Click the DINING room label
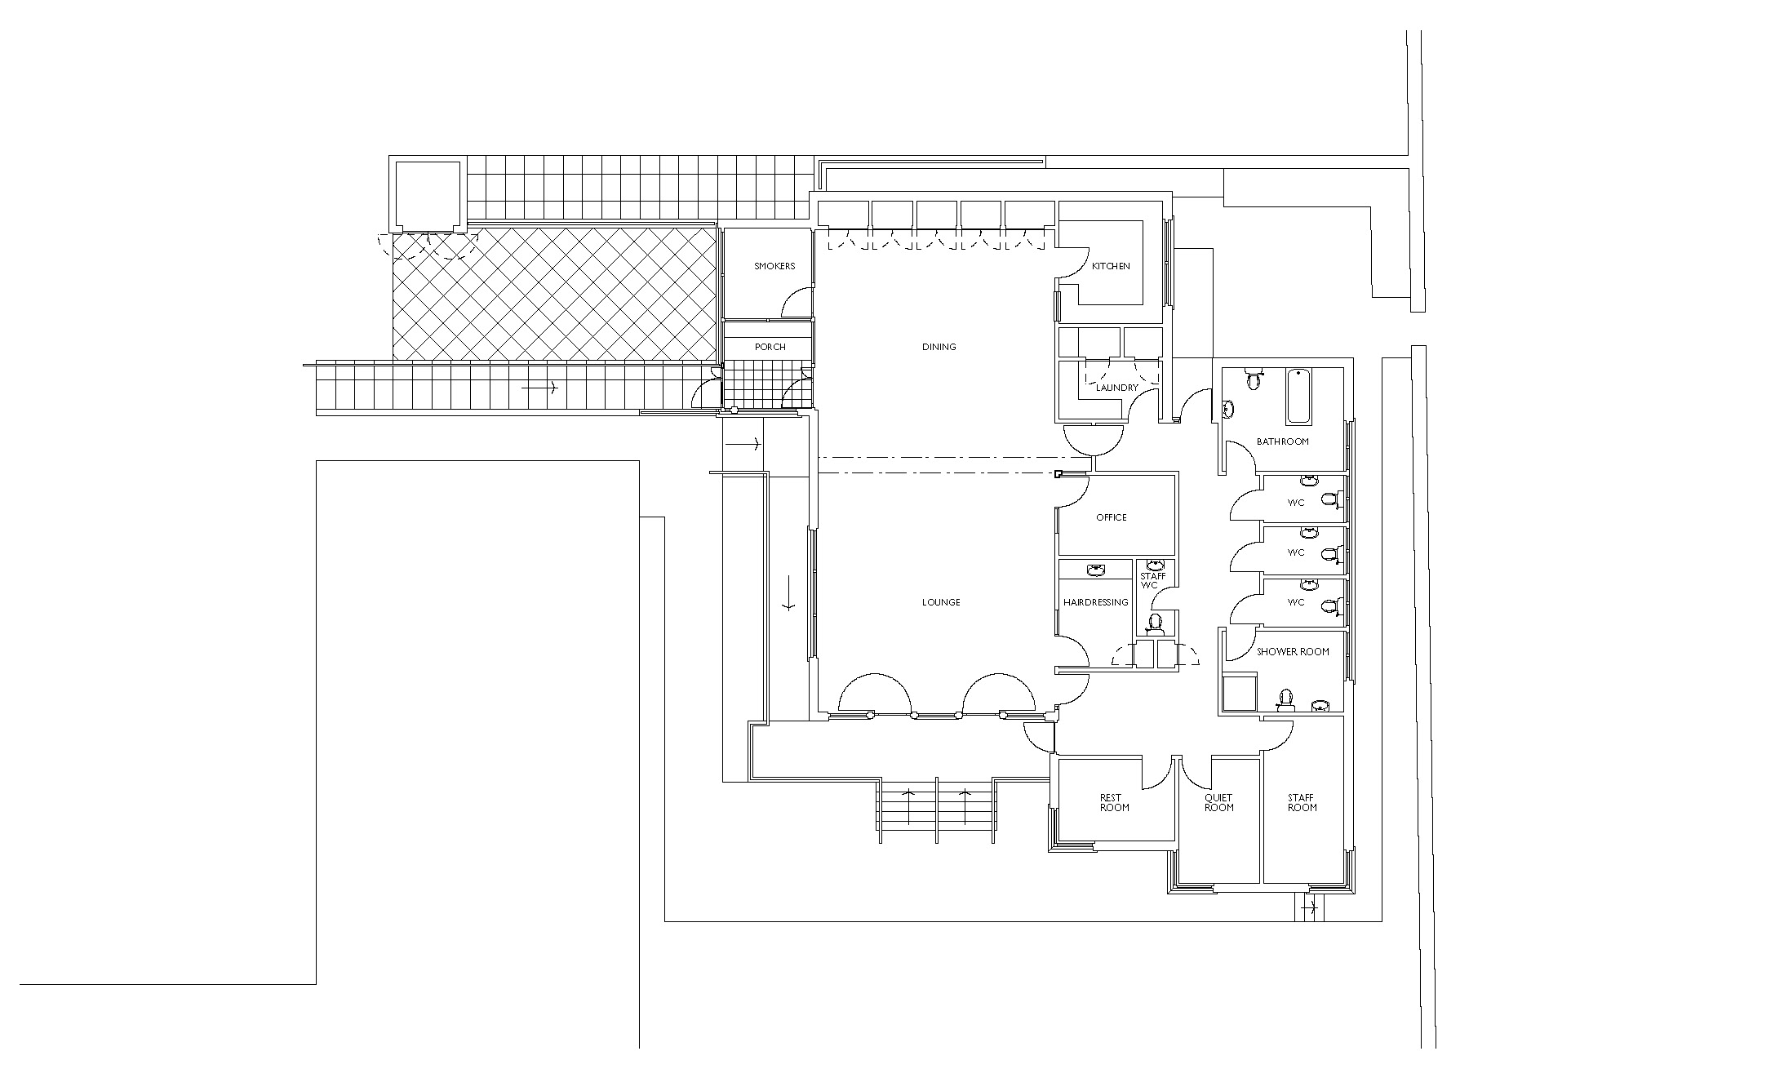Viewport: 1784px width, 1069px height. coord(939,347)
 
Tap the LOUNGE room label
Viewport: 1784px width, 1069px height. coord(941,602)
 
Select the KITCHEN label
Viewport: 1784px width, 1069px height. coord(1112,266)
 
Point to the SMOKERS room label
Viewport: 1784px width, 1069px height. coord(774,266)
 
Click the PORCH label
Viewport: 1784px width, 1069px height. coord(770,347)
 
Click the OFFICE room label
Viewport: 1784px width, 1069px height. coord(1112,517)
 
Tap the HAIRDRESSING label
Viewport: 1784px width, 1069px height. coord(1095,602)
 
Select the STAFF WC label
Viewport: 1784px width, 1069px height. coord(1152,580)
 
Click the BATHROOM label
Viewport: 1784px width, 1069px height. coord(1282,441)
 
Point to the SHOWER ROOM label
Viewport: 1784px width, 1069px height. coord(1293,651)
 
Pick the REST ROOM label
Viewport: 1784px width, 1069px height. coord(1114,802)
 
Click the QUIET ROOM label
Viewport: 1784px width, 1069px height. coord(1218,802)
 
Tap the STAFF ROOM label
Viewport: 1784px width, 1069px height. coord(1302,802)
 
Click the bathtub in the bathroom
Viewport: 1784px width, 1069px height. coord(1298,397)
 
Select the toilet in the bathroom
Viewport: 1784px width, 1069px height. coord(1254,379)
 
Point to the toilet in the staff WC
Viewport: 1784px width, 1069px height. coord(1155,624)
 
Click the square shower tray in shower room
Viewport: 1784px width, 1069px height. coord(1239,693)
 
